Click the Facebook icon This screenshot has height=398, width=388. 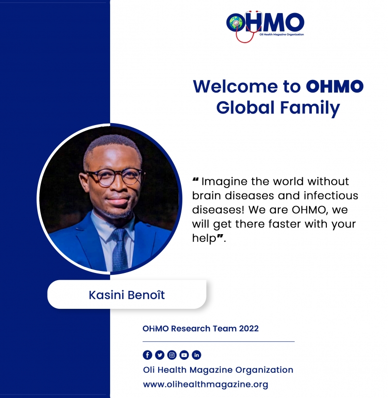point(147,355)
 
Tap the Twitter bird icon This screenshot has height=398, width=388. point(160,355)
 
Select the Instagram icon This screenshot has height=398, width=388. point(172,355)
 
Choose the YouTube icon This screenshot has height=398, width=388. point(184,355)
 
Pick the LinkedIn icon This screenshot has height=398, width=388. point(196,355)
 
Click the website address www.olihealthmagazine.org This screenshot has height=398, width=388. point(206,384)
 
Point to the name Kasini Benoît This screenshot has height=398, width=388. point(127,295)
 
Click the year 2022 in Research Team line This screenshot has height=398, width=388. point(249,329)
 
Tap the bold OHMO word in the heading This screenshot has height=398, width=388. point(335,86)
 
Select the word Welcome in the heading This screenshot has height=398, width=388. point(235,86)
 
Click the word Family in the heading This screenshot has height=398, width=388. point(310,108)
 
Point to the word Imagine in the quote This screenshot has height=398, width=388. point(224,182)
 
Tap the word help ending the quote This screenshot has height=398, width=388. point(204,239)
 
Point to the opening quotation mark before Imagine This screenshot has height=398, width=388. point(195,179)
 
